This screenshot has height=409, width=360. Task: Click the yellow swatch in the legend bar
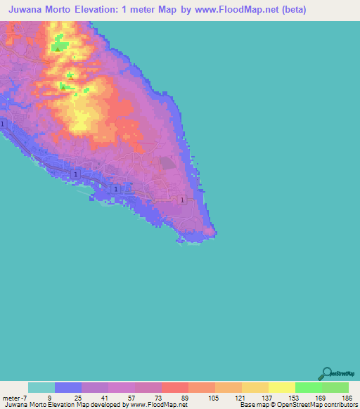[x=281, y=387]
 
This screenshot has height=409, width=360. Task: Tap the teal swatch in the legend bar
[x=41, y=387]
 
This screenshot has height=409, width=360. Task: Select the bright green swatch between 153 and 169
[x=308, y=387]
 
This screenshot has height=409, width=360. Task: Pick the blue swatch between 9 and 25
[x=68, y=387]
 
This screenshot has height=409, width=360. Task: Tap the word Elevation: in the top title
[x=122, y=10]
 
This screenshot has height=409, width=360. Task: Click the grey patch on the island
[x=167, y=163]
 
